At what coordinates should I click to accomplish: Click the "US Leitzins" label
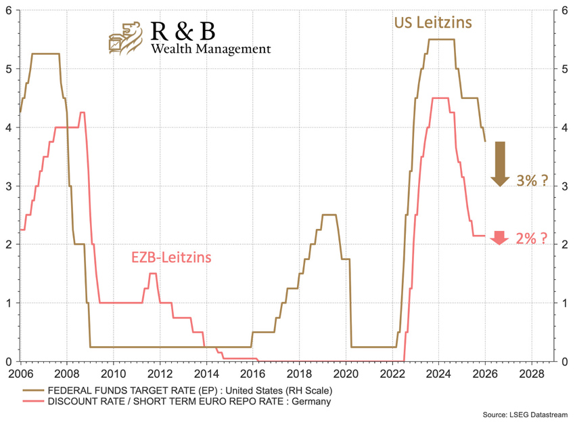433,22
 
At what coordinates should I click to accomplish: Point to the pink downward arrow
499,237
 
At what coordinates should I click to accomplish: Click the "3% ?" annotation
532,181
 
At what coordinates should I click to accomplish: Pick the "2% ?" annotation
532,238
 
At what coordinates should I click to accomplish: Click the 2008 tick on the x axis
66,373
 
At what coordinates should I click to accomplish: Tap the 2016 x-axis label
252,373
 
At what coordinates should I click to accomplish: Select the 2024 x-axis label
438,373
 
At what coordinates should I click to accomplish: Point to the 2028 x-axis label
530,373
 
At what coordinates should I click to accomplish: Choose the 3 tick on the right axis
563,186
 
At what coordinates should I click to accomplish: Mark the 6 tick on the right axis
563,11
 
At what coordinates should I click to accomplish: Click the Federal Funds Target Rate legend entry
189,390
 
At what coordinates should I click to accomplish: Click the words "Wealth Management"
210,49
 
